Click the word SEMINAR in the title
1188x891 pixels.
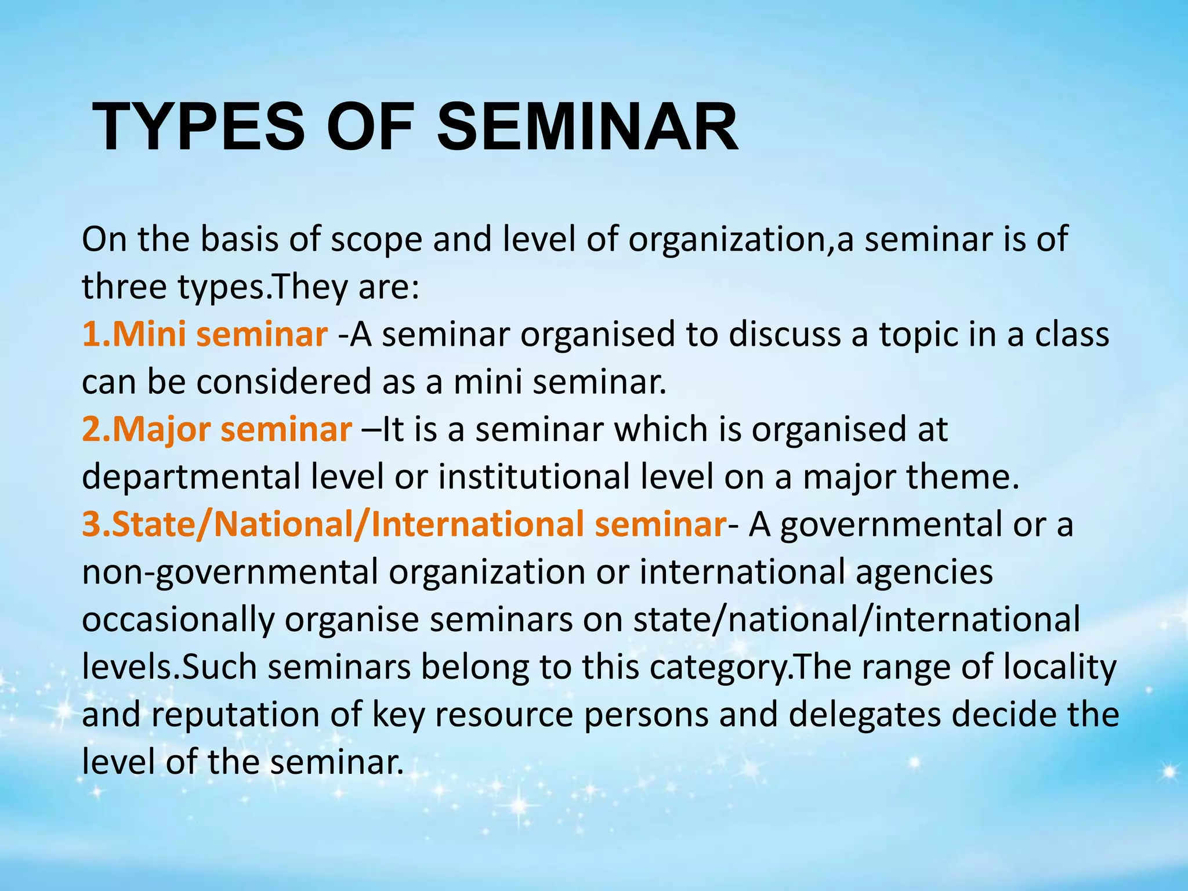point(587,126)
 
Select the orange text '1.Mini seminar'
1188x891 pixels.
point(204,335)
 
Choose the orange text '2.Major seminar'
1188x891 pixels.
point(216,430)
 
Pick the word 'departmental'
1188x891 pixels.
point(191,477)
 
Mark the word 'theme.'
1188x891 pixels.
point(962,477)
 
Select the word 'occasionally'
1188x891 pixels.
point(178,620)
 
